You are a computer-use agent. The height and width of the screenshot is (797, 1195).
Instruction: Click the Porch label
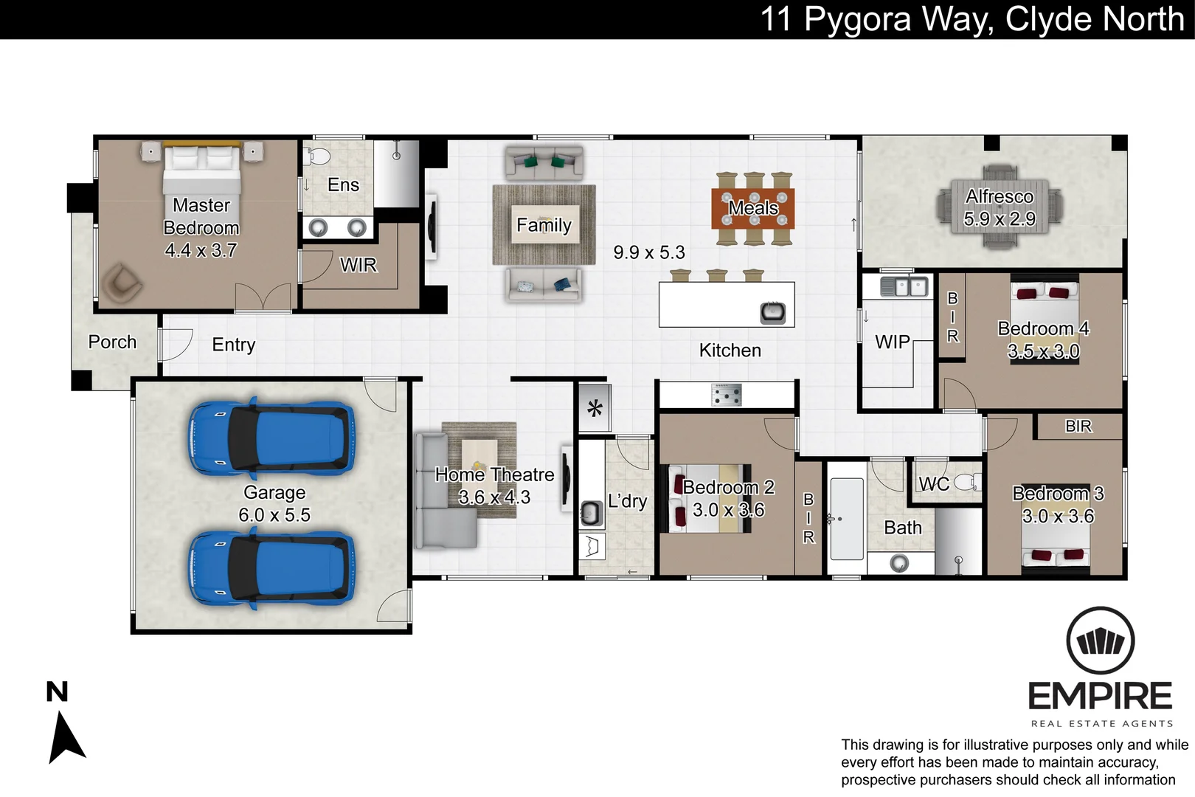coord(112,342)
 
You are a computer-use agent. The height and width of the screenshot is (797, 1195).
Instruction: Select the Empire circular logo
coord(1101,641)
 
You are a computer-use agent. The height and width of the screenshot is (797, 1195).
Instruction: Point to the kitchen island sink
coord(772,312)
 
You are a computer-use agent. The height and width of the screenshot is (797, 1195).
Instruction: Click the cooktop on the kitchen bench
coord(726,395)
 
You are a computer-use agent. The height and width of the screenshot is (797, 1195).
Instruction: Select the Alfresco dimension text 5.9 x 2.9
coord(1000,219)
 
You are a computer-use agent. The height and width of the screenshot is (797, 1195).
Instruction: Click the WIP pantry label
coord(892,342)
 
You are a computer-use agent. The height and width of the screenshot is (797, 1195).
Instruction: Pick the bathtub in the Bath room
coord(847,518)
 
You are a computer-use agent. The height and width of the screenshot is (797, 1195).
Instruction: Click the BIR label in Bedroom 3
coord(1078,426)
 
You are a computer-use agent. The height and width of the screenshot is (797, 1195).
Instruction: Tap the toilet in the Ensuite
coord(318,156)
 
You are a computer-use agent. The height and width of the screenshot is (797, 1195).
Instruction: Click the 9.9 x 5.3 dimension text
coord(648,252)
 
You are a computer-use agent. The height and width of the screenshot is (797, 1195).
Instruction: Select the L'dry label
coord(627,501)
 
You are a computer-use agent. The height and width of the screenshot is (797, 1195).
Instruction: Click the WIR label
coord(358,265)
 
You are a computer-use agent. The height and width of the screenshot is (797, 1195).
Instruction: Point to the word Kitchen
coord(730,351)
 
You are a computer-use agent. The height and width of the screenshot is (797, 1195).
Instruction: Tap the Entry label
coord(233,345)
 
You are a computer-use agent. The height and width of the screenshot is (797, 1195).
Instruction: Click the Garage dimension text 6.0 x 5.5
coord(274,514)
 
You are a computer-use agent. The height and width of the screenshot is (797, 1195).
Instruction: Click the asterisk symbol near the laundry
coord(595,408)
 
